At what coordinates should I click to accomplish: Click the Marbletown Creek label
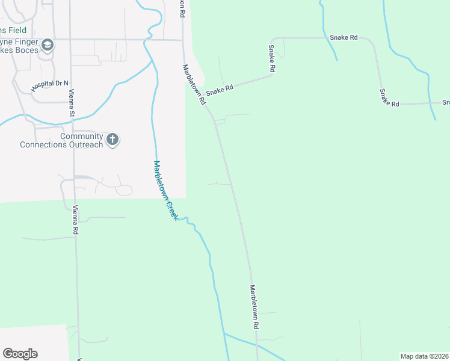coord(165,190)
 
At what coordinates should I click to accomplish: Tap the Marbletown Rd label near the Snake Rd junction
coord(194,85)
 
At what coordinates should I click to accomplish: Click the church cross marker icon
coord(112,140)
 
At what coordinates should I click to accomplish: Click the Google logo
coord(20,354)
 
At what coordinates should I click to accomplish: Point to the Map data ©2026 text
coord(425,356)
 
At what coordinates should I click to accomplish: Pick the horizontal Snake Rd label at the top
coord(344,37)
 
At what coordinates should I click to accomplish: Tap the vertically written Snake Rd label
coord(272,59)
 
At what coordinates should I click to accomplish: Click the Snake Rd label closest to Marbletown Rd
coord(219,90)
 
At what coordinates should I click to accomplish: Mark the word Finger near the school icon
coord(26,43)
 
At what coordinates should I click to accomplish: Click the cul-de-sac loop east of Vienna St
coord(124,191)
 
